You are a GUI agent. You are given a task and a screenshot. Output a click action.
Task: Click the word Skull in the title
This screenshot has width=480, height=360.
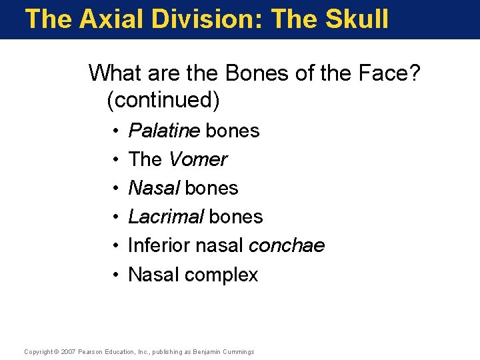tap(357, 19)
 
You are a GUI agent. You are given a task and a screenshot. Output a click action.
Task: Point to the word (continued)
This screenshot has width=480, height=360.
tap(163, 100)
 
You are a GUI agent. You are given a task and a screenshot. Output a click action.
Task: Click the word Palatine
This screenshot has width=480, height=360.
tap(164, 131)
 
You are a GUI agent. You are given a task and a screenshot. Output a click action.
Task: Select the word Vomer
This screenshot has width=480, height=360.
tap(197, 159)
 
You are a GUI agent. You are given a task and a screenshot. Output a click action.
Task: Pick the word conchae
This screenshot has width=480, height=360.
tap(286, 246)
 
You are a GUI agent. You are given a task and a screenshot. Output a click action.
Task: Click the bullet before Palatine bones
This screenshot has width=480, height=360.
tap(116, 131)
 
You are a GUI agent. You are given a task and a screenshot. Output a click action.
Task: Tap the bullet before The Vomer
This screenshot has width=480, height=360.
tap(116, 160)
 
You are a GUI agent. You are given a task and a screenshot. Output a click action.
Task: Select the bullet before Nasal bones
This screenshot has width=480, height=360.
tap(116, 189)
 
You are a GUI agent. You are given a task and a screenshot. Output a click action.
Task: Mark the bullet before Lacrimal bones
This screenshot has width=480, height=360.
tap(116, 217)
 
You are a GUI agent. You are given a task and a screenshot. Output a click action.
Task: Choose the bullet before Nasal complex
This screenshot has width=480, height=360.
tap(116, 275)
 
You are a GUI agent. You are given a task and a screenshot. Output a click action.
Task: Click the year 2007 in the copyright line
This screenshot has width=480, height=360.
tap(68, 351)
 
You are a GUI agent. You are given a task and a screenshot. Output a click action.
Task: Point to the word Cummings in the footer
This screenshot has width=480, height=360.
tap(239, 351)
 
